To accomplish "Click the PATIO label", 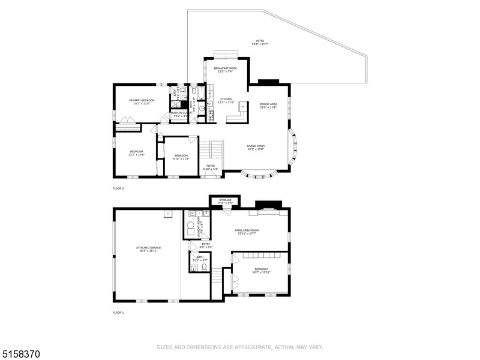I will [259, 41].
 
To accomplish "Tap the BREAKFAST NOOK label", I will [225, 68].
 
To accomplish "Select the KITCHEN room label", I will [226, 99].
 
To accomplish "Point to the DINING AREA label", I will [268, 104].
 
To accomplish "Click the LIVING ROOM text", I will [256, 146].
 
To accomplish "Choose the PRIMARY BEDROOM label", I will [142, 100].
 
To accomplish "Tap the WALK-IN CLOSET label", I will [180, 113].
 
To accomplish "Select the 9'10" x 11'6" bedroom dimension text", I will [181, 159].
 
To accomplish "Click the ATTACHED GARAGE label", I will [148, 247].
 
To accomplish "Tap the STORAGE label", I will [225, 200].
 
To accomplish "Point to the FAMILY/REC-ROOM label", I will [246, 230].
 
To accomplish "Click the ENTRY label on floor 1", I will [206, 244].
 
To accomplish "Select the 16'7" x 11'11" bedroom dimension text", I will [262, 272].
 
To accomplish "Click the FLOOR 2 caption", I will [118, 188].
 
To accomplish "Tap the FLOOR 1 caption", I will [118, 313].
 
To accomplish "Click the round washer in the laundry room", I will [191, 227].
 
